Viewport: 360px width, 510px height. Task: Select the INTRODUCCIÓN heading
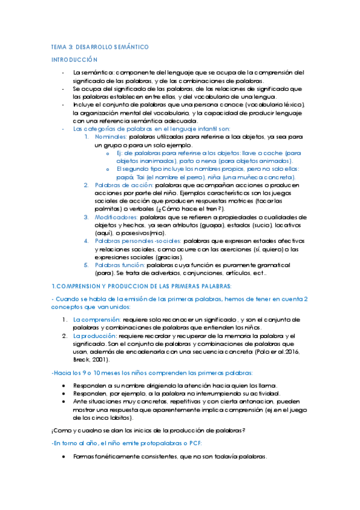coord(74,60)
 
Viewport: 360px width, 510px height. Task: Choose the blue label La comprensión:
coord(96,319)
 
